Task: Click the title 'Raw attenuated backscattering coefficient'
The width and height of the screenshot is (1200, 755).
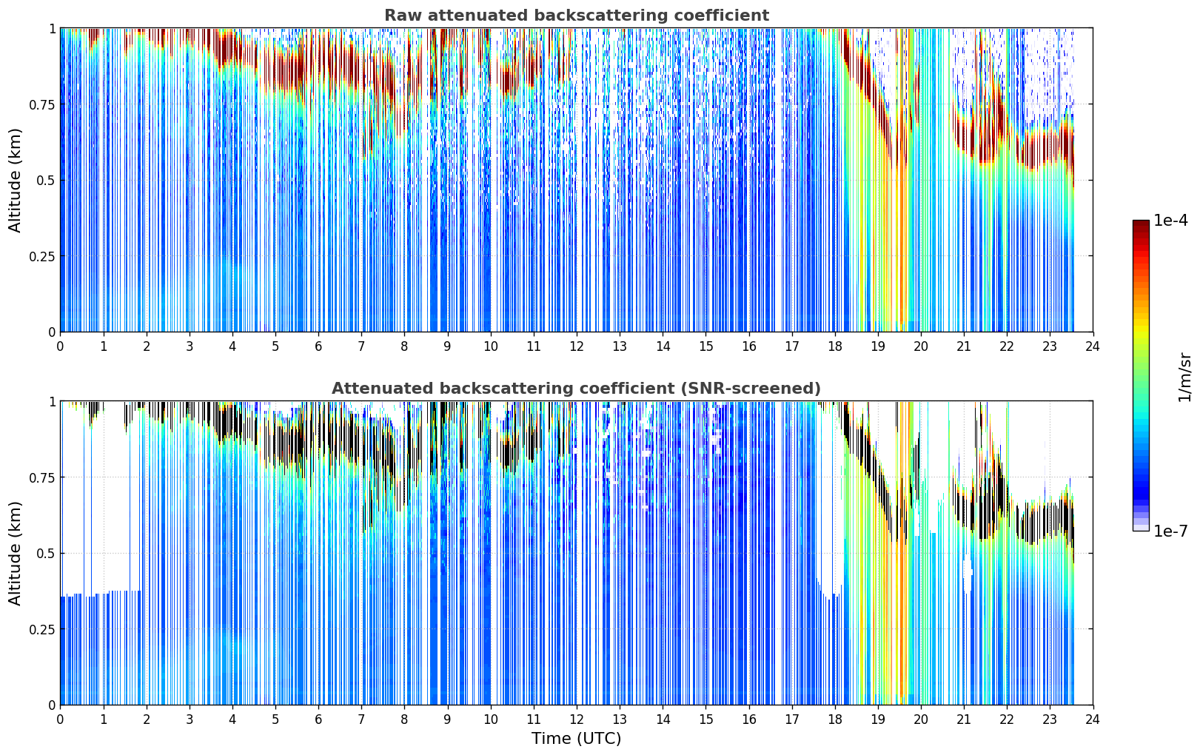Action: coord(577,15)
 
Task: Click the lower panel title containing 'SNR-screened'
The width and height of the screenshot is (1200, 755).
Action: coord(576,388)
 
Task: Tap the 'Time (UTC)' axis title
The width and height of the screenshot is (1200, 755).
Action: coord(577,739)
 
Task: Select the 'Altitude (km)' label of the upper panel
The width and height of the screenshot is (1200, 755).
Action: coord(15,181)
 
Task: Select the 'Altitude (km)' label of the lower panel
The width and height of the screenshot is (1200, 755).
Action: coord(15,554)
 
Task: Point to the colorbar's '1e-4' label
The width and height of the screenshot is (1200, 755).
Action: coord(1170,220)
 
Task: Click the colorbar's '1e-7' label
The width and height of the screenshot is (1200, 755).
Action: coord(1170,531)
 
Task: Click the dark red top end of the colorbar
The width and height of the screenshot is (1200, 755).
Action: coord(1141,224)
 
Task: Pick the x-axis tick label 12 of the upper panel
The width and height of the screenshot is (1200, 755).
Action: coord(577,346)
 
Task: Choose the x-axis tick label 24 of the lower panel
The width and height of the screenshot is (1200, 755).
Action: coord(1093,719)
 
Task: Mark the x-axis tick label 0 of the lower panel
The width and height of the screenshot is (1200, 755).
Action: coord(60,719)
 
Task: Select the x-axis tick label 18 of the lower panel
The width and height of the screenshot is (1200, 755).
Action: coord(834,719)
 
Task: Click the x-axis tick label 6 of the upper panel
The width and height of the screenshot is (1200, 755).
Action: coord(318,346)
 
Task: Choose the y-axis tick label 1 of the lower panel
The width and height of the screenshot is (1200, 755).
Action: coord(52,402)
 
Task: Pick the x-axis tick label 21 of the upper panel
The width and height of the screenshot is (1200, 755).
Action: coord(964,346)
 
